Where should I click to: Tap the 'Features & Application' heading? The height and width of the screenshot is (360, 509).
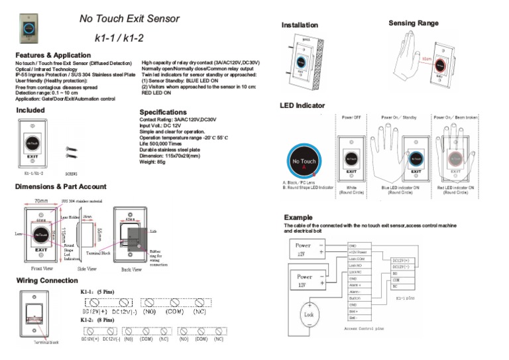53,55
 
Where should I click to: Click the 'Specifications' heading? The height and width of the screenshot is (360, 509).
163,112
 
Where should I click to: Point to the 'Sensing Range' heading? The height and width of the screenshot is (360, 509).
413,23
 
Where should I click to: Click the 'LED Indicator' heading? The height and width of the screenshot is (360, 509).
303,105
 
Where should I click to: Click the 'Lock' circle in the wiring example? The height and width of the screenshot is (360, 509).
308,313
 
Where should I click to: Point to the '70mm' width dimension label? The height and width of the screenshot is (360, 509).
41,200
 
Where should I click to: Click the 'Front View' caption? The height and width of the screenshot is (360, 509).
43,269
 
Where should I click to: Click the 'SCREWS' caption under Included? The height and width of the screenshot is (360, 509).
71,173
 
